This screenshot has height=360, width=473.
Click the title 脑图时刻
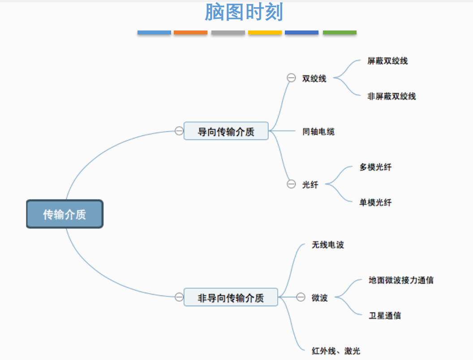[244, 12]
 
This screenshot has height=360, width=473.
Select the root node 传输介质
[64, 214]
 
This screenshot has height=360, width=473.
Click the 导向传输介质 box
[226, 131]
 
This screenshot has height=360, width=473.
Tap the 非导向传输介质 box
[231, 297]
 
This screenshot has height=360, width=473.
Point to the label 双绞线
[314, 78]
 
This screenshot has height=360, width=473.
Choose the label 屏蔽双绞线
[387, 61]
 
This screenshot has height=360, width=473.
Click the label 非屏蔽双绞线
[391, 96]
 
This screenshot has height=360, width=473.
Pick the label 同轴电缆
[318, 131]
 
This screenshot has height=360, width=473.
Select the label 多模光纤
[375, 167]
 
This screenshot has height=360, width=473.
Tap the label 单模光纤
[375, 202]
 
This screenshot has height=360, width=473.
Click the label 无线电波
[328, 245]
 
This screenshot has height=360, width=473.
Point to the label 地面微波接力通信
[401, 280]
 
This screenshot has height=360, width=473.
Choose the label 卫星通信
[385, 315]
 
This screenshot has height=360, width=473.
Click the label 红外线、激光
[336, 351]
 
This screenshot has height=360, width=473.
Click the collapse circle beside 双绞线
[291, 78]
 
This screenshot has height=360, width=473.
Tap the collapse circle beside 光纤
[291, 184]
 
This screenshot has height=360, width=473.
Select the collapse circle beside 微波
[301, 297]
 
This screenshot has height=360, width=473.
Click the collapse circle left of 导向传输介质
[179, 131]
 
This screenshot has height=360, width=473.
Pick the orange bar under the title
[190, 33]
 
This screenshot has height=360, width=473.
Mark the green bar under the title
[340, 33]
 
